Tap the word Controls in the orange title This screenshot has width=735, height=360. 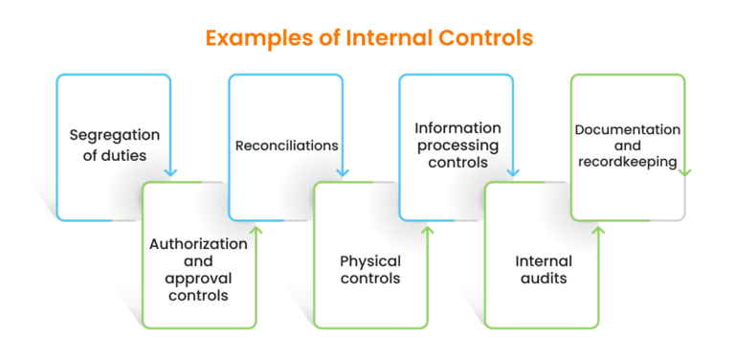coord(483,39)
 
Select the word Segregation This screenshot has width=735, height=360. coord(114,135)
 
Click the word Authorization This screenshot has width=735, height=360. coord(198,243)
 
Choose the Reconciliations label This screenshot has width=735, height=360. coord(286,146)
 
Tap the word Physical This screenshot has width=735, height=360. coord(370,260)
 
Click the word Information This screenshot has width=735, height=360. coord(457,127)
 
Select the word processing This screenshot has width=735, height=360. coord(457,146)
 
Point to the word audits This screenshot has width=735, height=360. coord(544,278)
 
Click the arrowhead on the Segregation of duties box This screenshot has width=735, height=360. coord(170,171)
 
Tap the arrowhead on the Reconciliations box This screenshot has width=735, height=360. coord(342,171)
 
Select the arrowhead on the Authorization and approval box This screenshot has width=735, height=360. coord(256,230)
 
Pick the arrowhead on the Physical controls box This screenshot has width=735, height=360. coord(427,230)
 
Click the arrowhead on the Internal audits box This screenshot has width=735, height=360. coord(598,230)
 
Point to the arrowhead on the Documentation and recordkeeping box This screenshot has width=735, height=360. coord(684,171)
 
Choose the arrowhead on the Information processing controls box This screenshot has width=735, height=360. coord(513,171)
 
